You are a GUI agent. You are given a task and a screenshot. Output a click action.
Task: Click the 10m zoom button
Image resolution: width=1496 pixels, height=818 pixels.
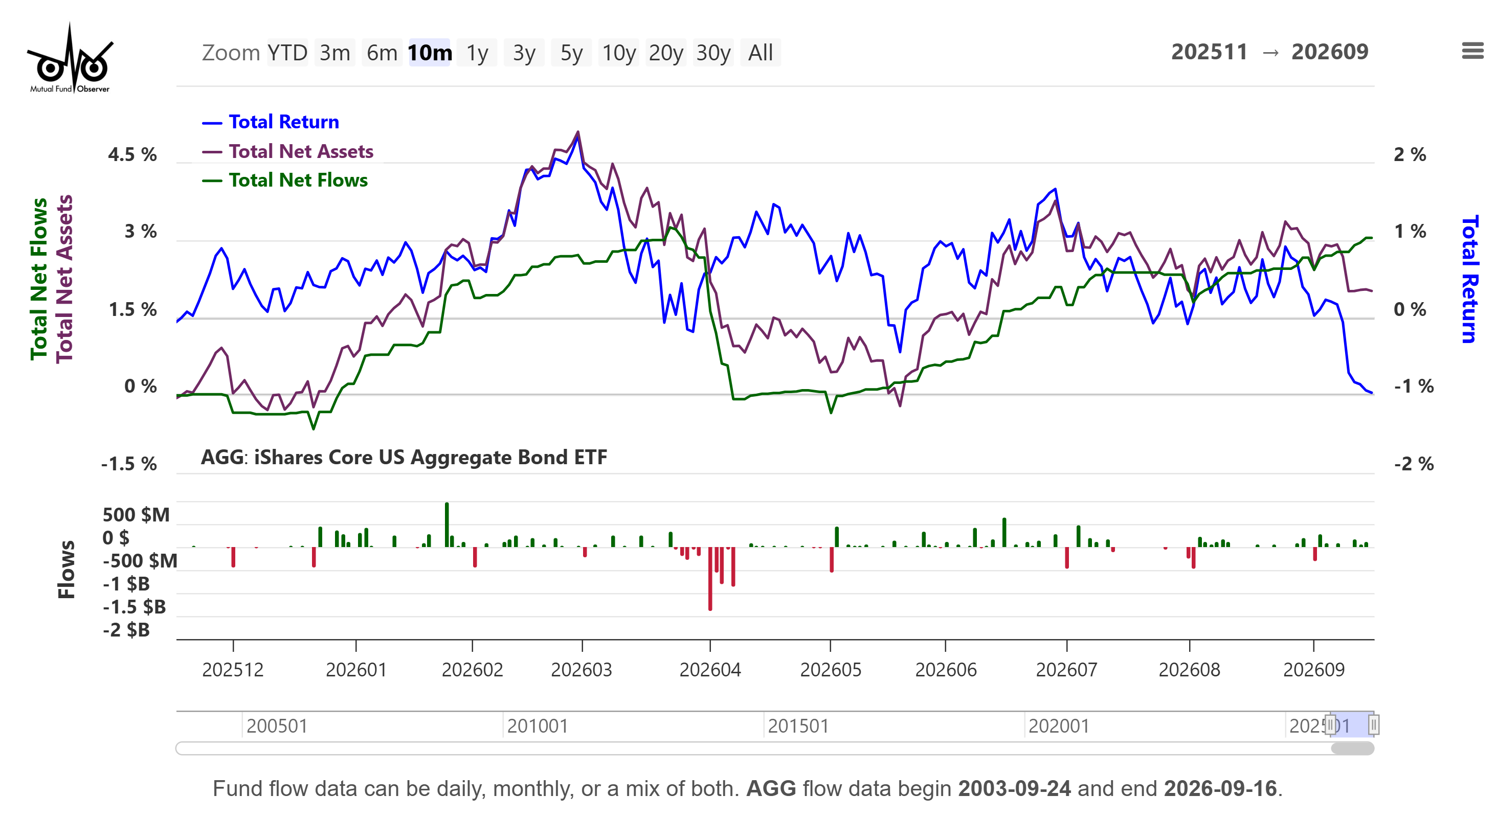point(430,53)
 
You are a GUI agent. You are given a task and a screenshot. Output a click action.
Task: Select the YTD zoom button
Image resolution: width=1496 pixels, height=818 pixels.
point(287,53)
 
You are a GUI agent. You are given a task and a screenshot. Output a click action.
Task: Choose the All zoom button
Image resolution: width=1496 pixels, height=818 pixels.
point(760,53)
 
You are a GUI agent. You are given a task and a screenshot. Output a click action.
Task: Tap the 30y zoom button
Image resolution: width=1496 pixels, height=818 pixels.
point(713,53)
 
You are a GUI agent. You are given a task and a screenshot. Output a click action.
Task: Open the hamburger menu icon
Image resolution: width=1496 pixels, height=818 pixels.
point(1472,51)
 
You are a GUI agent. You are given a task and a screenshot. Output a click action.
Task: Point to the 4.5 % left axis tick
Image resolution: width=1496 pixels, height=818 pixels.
point(132,155)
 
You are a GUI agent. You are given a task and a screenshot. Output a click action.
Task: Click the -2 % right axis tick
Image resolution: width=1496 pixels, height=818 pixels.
point(1414,464)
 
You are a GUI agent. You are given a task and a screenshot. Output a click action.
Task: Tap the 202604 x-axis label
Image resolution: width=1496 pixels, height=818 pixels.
point(710,670)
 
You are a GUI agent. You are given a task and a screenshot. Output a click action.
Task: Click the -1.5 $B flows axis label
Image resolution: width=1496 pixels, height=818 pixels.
point(134,607)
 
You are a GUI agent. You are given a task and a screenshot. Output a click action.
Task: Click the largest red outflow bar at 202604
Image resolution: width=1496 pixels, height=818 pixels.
point(710,579)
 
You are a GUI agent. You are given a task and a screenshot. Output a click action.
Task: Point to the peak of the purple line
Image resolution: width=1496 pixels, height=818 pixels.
point(578,132)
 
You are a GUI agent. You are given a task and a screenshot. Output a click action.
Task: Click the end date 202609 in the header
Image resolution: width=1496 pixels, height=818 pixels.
point(1330,52)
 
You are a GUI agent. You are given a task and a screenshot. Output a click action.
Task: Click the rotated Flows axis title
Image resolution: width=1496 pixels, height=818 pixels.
point(66,570)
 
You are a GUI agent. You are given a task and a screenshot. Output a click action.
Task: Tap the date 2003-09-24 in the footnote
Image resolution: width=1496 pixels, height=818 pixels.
point(1014,789)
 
